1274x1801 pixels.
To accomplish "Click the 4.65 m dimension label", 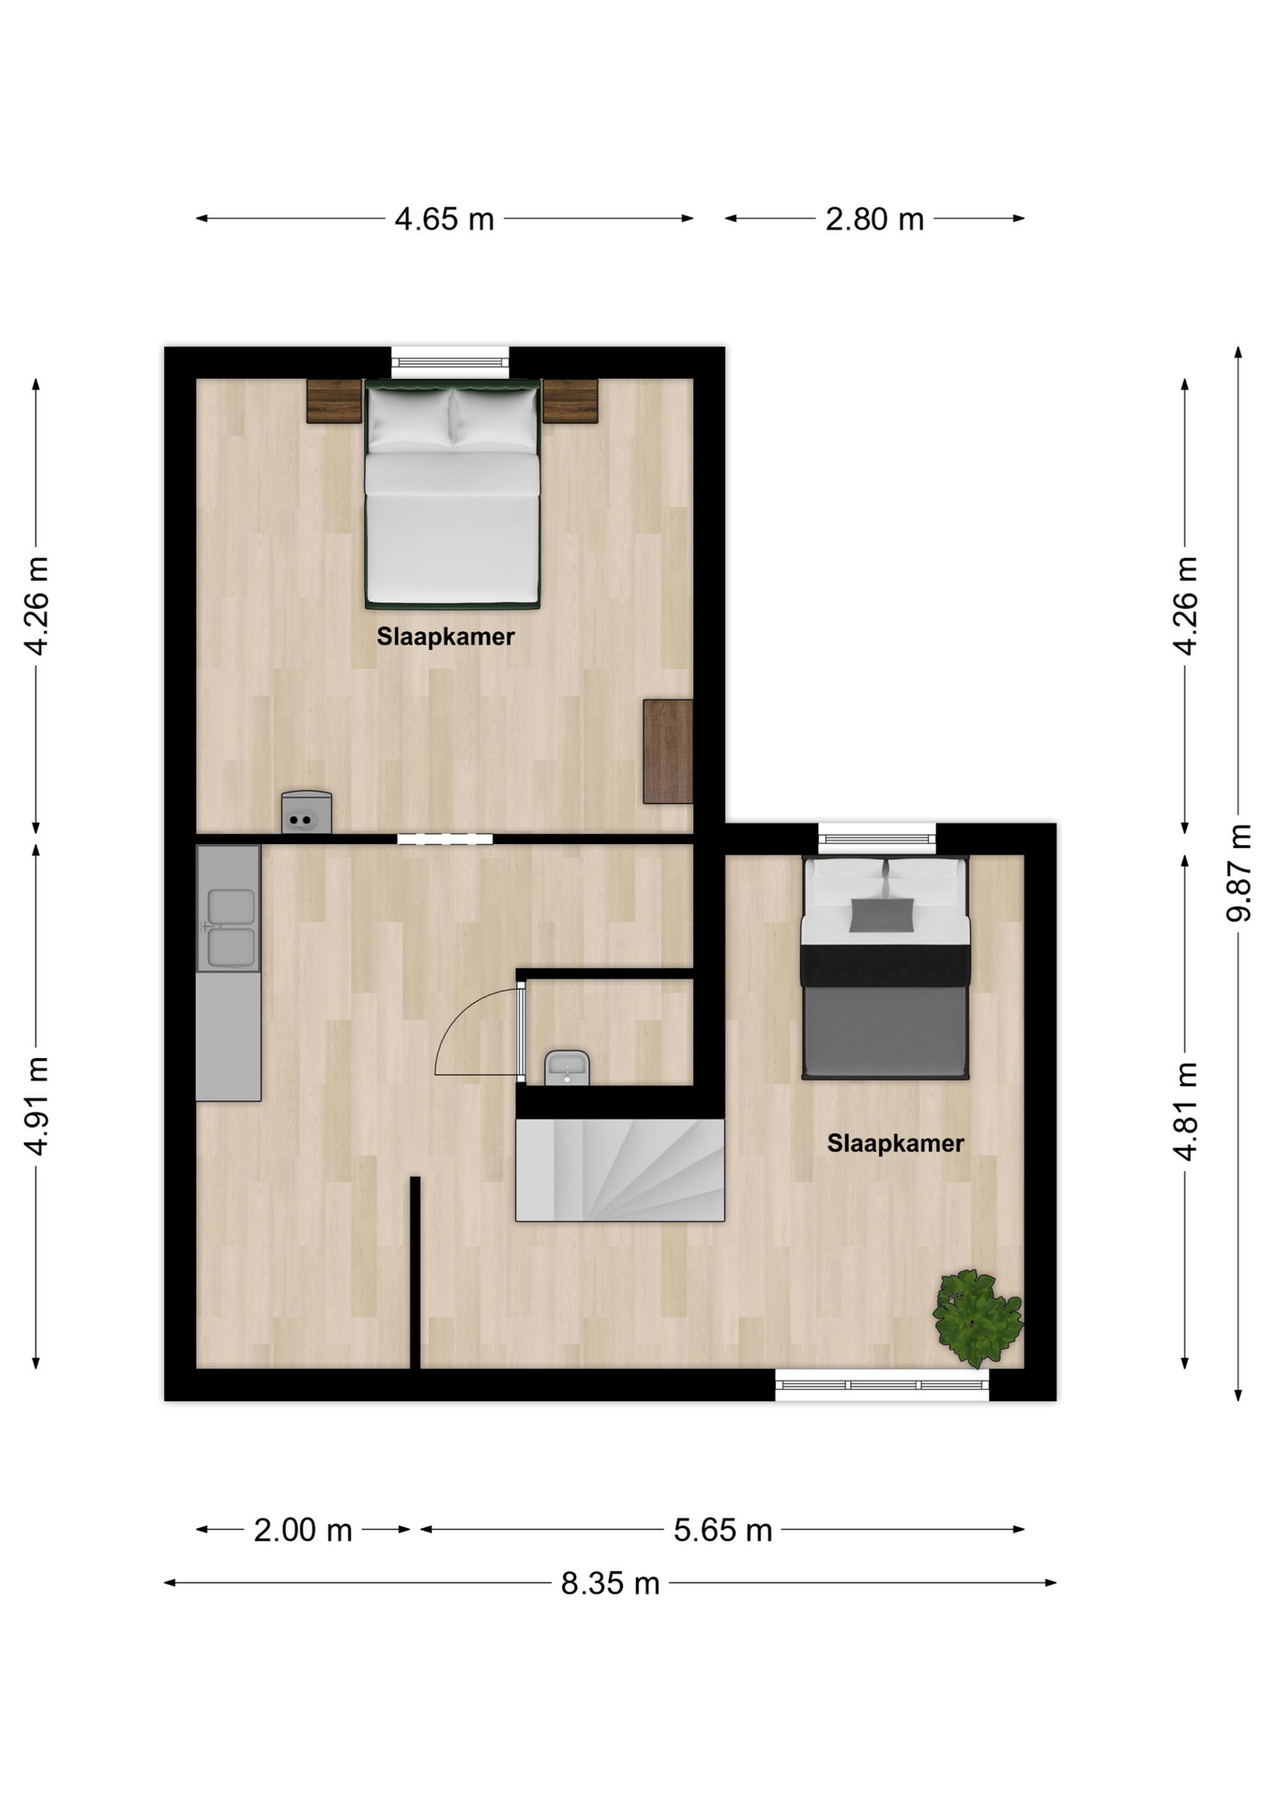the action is click(444, 219).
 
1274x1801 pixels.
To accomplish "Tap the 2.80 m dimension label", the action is click(874, 219).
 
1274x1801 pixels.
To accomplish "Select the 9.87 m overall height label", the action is click(1239, 872).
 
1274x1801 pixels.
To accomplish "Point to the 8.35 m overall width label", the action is click(610, 1583).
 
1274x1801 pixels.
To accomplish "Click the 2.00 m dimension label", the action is click(303, 1530).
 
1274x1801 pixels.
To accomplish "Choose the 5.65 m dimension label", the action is click(722, 1530).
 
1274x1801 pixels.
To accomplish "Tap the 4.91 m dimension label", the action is click(37, 1106).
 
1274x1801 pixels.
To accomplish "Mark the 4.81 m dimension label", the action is click(1186, 1112).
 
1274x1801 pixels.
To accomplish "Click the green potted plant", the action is click(978, 1317).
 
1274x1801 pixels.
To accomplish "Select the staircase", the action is click(620, 1170).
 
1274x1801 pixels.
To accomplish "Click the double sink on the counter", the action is click(231, 928).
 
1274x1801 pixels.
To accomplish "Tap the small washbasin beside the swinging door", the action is click(567, 1067).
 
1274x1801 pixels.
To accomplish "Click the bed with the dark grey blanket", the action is click(885, 968).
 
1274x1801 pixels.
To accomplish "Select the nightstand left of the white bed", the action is click(334, 401).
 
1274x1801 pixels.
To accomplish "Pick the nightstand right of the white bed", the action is click(570, 401).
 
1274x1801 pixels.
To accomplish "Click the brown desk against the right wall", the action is click(668, 751).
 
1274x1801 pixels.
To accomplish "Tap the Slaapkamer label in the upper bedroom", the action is click(446, 637).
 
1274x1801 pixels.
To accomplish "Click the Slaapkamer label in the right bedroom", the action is click(895, 1143).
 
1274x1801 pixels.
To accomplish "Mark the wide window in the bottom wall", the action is click(882, 1385).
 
